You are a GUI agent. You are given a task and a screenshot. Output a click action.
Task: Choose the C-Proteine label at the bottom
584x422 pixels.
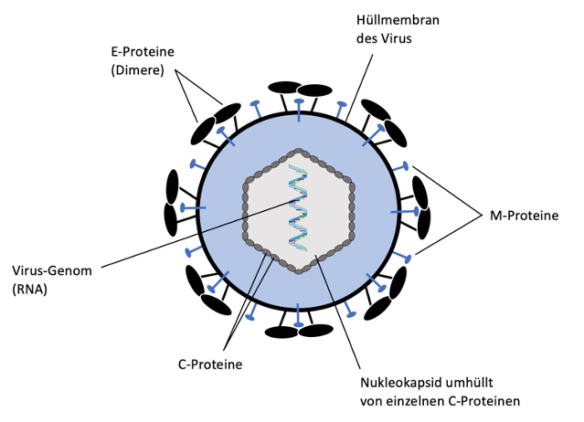(x=209, y=364)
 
